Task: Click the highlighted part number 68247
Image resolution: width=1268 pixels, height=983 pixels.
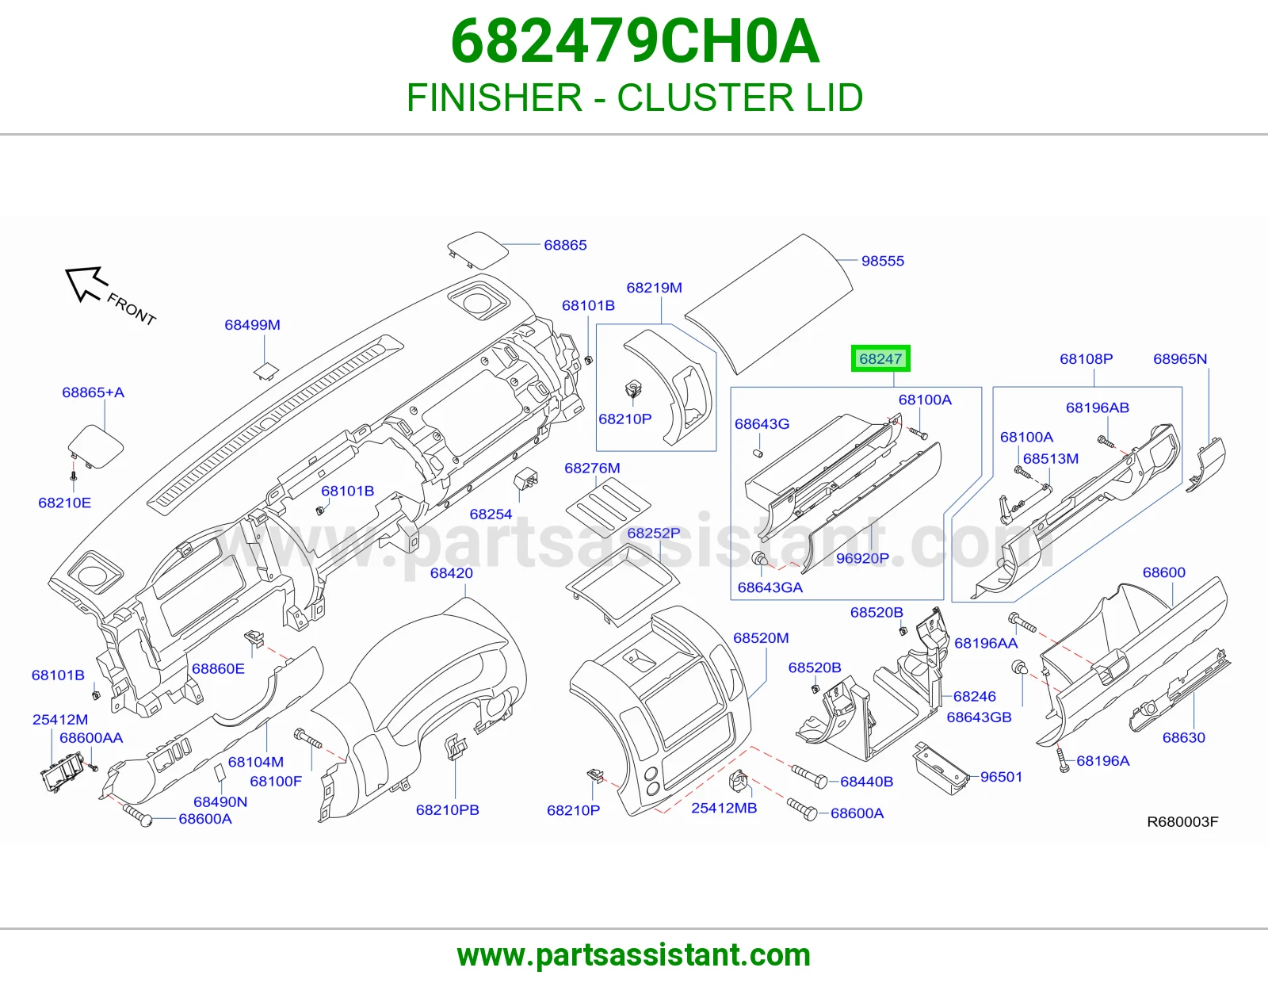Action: [880, 358]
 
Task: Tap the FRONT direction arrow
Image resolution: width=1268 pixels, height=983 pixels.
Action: [86, 284]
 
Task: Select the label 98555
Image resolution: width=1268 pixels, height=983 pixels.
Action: [882, 261]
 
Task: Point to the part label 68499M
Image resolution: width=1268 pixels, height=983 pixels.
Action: [252, 324]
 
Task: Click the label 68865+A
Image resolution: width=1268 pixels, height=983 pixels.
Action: [94, 392]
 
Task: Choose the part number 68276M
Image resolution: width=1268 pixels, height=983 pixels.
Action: [592, 469]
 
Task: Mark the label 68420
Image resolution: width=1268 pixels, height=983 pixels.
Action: [451, 573]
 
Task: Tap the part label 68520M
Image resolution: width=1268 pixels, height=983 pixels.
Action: [761, 638]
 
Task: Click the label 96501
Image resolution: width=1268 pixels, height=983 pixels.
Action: [1001, 777]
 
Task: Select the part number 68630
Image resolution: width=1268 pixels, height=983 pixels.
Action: [1183, 737]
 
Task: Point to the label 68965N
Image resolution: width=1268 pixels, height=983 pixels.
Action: [1180, 359]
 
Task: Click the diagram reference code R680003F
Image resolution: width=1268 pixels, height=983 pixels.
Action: [1182, 822]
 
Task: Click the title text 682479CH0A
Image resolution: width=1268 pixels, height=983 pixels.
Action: [635, 41]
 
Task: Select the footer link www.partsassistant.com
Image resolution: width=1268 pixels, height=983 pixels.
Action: [634, 955]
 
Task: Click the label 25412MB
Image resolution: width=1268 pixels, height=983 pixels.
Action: [724, 808]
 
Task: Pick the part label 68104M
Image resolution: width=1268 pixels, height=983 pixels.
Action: [256, 762]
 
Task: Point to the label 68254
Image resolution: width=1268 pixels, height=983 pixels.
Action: [491, 514]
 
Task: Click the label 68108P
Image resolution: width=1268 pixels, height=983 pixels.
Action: [1086, 359]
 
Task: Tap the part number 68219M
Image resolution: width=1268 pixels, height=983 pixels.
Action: [654, 288]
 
